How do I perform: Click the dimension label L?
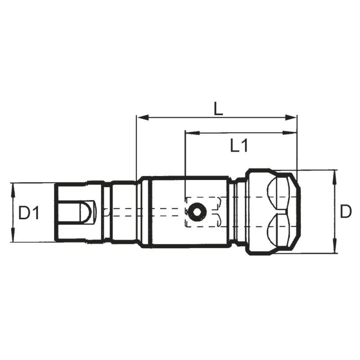coord(218,109)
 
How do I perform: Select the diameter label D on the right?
coord(345,211)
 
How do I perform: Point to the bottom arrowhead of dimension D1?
coord(13,237)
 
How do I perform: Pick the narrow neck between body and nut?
coord(240,211)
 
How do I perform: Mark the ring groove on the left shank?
coord(106,211)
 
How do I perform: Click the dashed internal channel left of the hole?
coord(148,212)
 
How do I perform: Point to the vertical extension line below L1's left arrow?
coord(185,171)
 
